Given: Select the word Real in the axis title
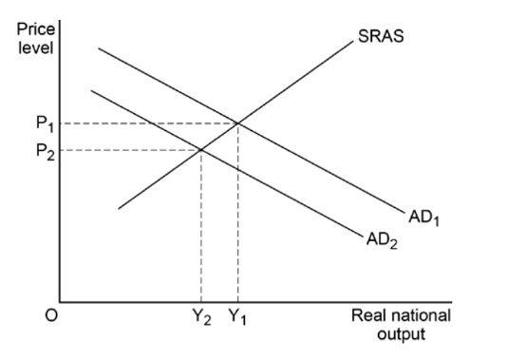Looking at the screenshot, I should (x=368, y=316).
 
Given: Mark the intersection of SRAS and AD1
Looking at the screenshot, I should (x=237, y=122).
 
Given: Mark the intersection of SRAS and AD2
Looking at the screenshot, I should (x=200, y=149).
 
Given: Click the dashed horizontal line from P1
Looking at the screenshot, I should (x=142, y=122).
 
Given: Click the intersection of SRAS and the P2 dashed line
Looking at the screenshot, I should (x=200, y=149).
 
